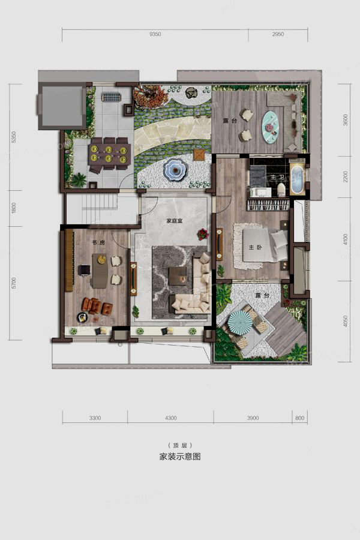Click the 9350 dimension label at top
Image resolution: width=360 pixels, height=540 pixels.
click(155, 34)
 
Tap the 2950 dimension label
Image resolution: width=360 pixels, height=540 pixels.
click(278, 34)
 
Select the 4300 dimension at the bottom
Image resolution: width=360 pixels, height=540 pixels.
click(170, 418)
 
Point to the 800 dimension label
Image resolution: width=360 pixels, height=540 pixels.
click(300, 418)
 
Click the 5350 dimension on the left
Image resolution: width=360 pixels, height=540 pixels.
click(14, 137)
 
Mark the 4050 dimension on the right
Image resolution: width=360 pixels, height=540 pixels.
click(346, 321)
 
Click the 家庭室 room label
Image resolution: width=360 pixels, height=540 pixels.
click(175, 221)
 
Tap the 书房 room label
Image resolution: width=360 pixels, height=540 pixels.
click(98, 242)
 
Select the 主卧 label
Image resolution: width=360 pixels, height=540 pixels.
click(255, 247)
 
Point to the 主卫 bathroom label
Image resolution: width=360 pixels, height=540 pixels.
click(277, 178)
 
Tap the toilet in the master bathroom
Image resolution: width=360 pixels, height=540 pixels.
click(282, 190)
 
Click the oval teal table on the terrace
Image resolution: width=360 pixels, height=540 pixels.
click(271, 127)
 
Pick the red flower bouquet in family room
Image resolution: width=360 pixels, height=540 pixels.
click(203, 234)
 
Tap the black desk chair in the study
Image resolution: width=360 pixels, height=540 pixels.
click(84, 269)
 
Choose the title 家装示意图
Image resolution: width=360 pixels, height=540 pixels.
click(180, 457)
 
